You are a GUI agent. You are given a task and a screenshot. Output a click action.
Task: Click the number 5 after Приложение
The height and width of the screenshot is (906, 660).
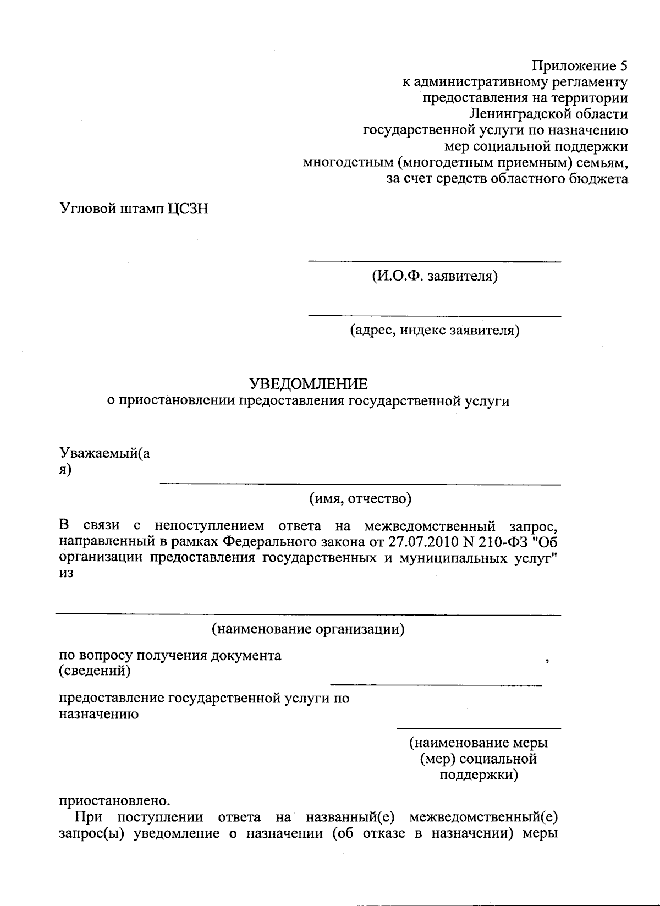[623, 67]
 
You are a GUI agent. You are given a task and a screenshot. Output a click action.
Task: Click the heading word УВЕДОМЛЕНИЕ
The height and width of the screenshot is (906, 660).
[309, 383]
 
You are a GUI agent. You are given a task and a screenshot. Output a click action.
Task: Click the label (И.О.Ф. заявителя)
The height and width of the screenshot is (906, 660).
[435, 276]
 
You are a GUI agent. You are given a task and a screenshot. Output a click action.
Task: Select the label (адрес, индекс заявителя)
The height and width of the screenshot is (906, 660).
[435, 331]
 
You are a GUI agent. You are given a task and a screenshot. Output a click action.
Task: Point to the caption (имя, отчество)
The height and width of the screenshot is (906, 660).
[360, 498]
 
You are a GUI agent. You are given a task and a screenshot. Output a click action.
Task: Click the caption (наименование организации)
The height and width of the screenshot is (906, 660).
[309, 628]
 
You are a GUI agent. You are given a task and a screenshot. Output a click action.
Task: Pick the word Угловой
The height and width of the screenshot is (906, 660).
[87, 209]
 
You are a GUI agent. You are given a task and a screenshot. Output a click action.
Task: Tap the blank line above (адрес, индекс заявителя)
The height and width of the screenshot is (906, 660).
[435, 316]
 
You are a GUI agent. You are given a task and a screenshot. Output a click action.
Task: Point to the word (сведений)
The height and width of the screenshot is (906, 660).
[95, 671]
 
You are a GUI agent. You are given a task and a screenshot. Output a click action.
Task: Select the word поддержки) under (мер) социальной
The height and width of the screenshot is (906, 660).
[479, 775]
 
